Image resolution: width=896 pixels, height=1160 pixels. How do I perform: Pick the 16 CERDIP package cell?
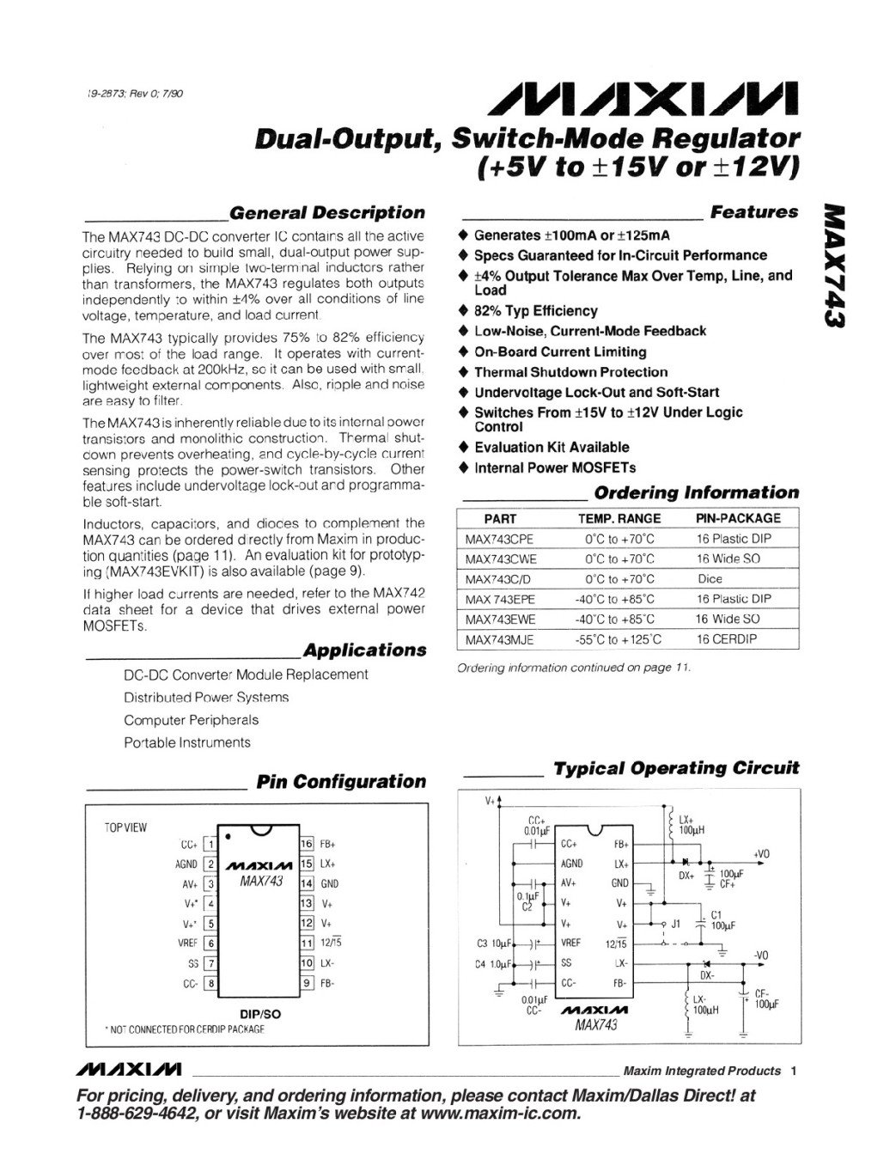[x=727, y=639]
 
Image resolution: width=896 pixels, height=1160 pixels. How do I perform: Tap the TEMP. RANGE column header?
[x=619, y=518]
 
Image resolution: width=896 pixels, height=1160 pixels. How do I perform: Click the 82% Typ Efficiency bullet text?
[x=535, y=311]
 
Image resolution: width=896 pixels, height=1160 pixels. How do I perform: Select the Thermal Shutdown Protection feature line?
[x=570, y=372]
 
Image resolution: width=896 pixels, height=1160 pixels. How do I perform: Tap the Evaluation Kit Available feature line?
[x=552, y=447]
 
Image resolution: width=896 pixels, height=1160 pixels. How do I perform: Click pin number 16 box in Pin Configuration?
[x=307, y=844]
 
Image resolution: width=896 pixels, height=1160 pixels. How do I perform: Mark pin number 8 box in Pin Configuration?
[x=209, y=983]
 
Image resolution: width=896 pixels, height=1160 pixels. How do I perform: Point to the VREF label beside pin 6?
[x=187, y=943]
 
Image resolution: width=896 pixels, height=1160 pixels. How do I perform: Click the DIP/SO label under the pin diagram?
[x=261, y=1014]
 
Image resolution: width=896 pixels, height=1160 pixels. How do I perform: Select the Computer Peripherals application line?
[x=191, y=720]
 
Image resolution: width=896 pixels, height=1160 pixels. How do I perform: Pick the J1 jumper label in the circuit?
[x=675, y=925]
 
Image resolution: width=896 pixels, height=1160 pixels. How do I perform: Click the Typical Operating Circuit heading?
[x=676, y=768]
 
